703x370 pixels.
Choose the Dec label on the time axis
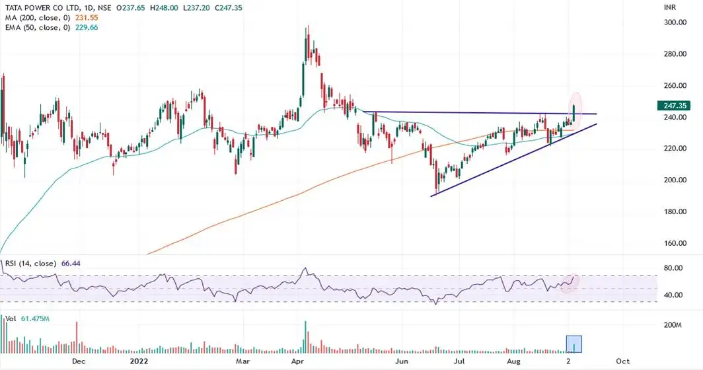pyautogui.click(x=79, y=361)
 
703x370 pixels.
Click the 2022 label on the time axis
pyautogui.click(x=139, y=361)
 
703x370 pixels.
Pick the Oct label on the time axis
pyautogui.click(x=622, y=361)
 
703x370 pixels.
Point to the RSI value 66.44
pyautogui.click(x=70, y=263)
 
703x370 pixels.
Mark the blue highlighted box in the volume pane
pyautogui.click(x=575, y=344)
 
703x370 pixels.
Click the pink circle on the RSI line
pyautogui.click(x=572, y=282)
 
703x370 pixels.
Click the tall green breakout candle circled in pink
pyautogui.click(x=574, y=113)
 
